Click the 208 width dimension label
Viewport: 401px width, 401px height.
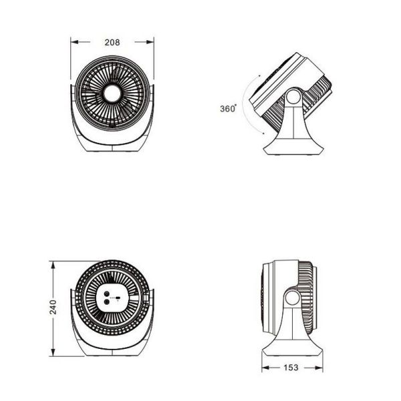click(x=112, y=42)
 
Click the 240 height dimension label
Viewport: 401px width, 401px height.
click(x=53, y=307)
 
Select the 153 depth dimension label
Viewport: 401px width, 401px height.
click(x=291, y=368)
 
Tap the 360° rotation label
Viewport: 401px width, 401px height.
click(x=228, y=108)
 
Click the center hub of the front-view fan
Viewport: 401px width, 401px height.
click(x=112, y=94)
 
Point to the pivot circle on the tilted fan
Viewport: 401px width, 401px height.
click(x=293, y=97)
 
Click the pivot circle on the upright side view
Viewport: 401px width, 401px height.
click(x=293, y=298)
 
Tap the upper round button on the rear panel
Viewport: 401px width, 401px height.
click(x=107, y=294)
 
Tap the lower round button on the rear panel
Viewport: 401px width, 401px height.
click(x=107, y=303)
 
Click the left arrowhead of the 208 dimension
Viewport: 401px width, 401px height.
click(x=74, y=42)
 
